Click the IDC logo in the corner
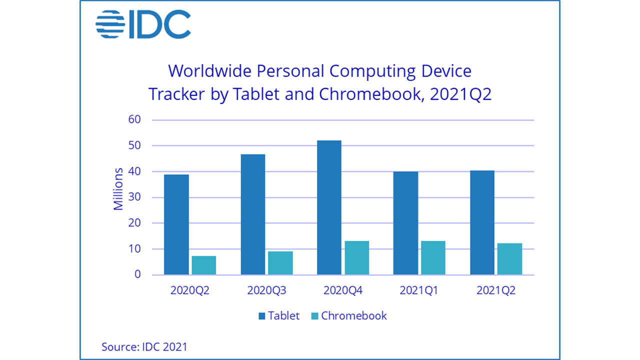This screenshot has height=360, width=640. [x=142, y=24]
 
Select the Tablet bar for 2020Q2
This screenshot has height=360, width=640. [x=176, y=224]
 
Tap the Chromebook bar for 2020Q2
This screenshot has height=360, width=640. [x=203, y=265]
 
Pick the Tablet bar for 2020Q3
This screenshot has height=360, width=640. [x=253, y=214]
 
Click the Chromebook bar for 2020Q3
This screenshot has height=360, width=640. [x=280, y=263]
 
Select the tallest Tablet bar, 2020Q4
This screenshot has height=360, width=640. [x=329, y=207]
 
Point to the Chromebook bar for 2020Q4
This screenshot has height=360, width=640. [x=356, y=258]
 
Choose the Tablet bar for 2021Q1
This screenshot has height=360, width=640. [x=405, y=223]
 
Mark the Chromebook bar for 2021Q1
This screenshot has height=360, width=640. [x=433, y=258]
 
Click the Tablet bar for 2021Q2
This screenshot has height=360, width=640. [x=482, y=222]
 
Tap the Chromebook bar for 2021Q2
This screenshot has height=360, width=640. [x=509, y=259]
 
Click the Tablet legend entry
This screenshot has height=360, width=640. [x=278, y=315]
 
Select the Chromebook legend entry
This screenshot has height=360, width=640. [x=348, y=315]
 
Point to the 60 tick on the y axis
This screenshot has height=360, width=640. [x=135, y=119]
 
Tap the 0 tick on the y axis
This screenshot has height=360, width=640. [x=138, y=274]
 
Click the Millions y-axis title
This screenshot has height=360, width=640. [x=118, y=189]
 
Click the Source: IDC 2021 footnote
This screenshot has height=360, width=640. [x=144, y=346]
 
